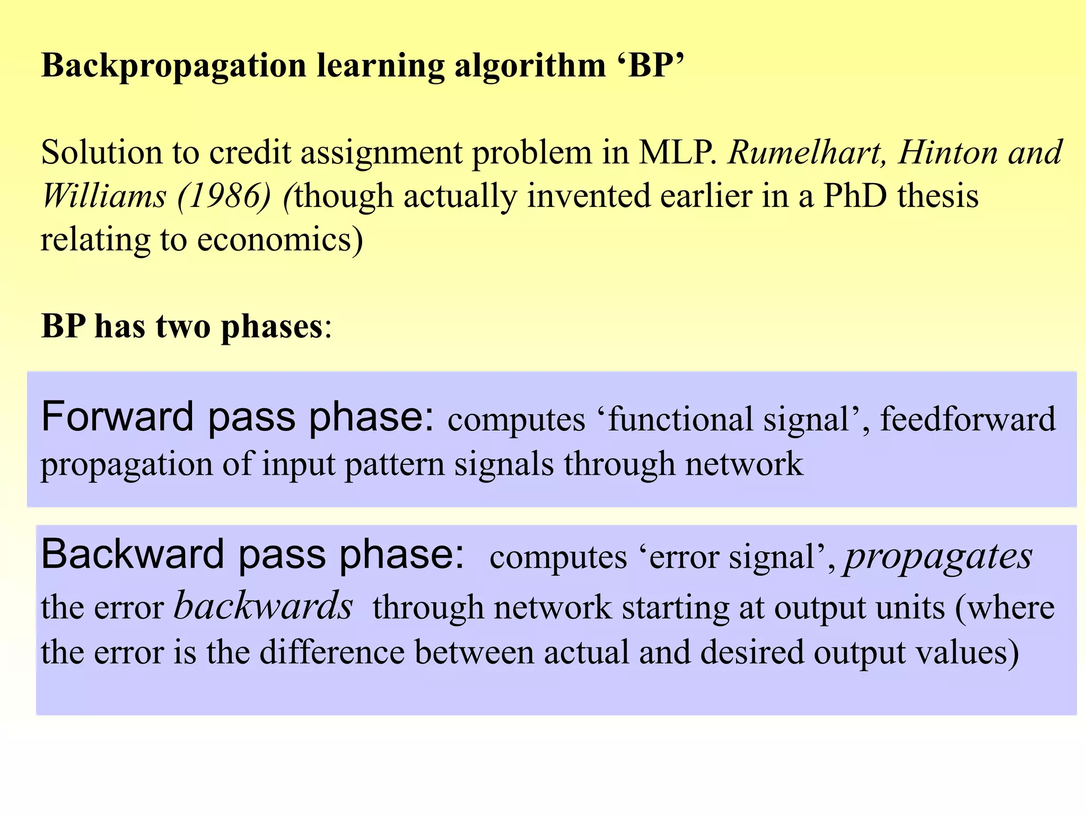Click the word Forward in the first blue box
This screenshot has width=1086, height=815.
(117, 417)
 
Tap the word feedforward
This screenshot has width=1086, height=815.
(968, 420)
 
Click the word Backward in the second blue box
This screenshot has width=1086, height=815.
(133, 555)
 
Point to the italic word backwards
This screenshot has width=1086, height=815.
(264, 607)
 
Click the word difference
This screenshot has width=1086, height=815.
(332, 652)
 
